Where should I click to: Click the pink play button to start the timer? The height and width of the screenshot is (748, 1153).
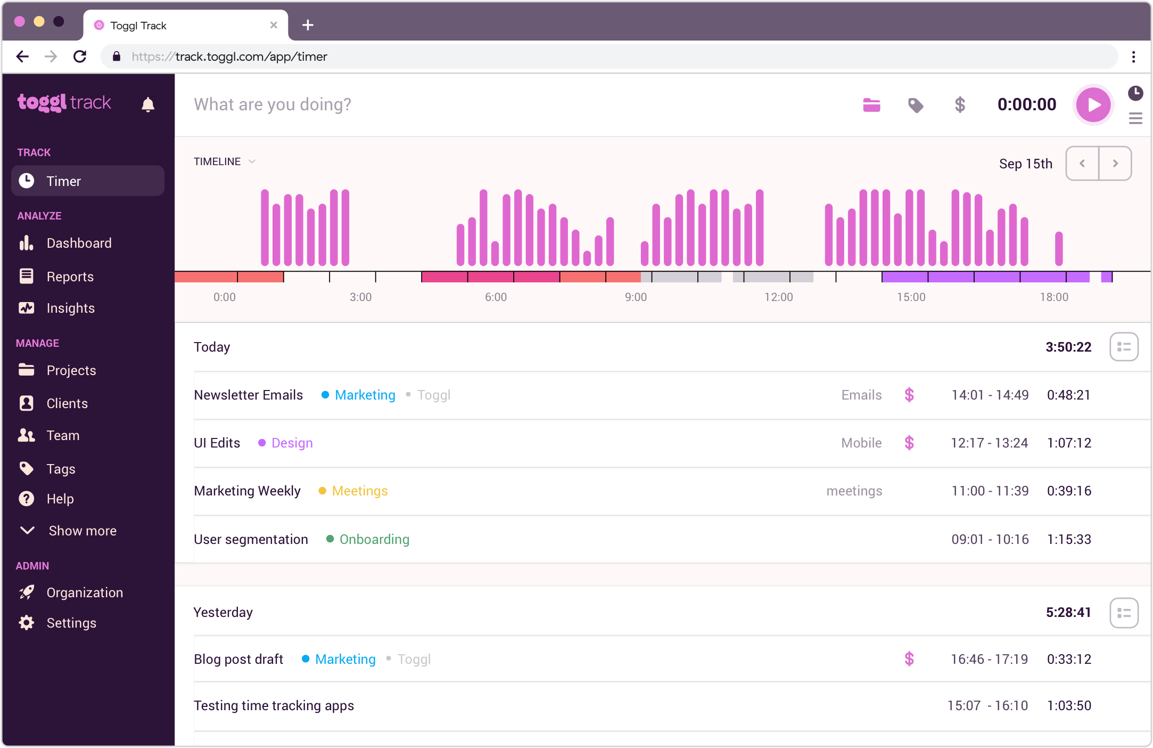pos(1093,104)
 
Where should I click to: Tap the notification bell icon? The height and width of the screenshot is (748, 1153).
pos(148,104)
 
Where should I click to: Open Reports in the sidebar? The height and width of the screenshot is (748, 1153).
pos(70,277)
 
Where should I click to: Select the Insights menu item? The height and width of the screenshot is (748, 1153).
pos(70,308)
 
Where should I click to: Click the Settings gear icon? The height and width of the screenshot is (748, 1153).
pos(27,623)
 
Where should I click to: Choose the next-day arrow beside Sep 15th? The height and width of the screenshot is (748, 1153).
pos(1115,164)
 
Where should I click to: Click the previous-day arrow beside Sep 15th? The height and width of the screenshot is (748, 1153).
pos(1082,164)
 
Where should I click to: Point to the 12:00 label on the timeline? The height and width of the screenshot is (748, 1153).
pos(778,297)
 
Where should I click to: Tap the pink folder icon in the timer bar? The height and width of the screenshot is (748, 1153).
pos(871,105)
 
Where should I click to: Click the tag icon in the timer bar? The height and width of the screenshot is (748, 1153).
pos(916,105)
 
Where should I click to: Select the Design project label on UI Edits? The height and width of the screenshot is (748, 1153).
pos(292,443)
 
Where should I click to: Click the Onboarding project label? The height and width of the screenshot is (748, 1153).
pos(374,539)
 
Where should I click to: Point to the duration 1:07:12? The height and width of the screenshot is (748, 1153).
pos(1069,443)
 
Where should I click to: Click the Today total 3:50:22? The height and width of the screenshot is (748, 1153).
pos(1068,347)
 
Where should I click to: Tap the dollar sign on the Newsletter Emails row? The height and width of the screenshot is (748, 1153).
pos(909,395)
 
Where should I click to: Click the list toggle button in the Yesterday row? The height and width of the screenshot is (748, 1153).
pos(1124,613)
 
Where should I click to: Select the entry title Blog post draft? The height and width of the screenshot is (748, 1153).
pos(238,659)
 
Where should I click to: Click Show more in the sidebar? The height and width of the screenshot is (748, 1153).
pos(82,531)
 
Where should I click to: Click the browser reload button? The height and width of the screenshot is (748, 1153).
pos(80,56)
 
